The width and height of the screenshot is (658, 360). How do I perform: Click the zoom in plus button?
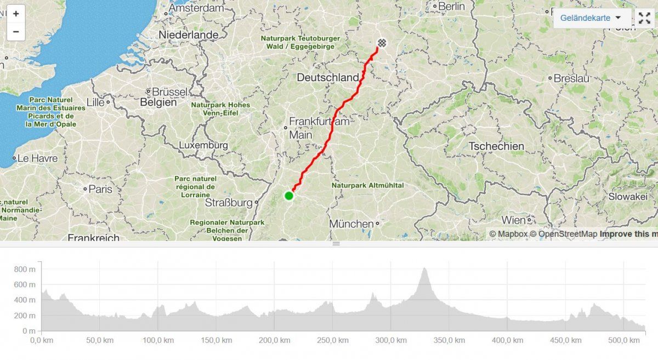click(x=15, y=14)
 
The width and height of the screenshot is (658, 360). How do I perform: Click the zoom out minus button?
click(x=15, y=31)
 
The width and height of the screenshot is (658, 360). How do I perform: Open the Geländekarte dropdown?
click(x=591, y=18)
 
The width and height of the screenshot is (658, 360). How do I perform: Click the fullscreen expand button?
click(x=645, y=18)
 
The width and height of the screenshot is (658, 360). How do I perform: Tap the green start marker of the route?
click(x=288, y=196)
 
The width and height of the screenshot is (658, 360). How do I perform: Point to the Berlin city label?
click(x=452, y=7)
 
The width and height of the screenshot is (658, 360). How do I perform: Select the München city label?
click(x=351, y=224)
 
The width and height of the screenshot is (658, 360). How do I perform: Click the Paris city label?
click(x=100, y=189)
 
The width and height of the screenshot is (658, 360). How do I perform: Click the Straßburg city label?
click(x=228, y=203)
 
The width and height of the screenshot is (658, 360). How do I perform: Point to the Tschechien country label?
click(x=496, y=146)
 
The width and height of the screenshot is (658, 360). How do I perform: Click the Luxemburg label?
click(x=203, y=145)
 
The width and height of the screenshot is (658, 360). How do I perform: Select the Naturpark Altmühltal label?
click(x=367, y=186)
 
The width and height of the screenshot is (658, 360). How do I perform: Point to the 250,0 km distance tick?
click(x=332, y=340)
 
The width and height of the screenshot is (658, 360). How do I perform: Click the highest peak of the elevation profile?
click(x=424, y=268)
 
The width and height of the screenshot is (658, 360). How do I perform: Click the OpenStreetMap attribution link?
click(x=568, y=234)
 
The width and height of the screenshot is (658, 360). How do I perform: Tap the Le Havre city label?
click(x=37, y=158)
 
